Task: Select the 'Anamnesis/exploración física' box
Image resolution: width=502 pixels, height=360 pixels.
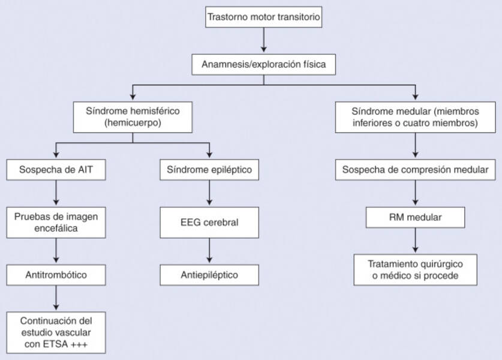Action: coord(264,64)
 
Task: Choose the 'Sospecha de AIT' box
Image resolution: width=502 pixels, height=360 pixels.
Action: coord(56,170)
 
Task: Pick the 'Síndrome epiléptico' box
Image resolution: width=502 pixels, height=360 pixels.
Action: coord(209,170)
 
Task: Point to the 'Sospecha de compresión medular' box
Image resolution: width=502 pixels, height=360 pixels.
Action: coord(415,170)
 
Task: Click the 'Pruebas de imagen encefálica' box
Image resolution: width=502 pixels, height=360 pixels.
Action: coord(56,222)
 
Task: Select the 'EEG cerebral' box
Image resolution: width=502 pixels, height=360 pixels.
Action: coord(209,223)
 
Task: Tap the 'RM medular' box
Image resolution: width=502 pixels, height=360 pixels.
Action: coord(415,217)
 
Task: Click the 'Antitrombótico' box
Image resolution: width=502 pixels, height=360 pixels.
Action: coord(56,275)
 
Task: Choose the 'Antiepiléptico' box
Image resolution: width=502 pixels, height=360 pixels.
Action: coord(209,275)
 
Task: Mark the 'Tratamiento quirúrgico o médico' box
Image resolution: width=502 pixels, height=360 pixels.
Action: coord(415,269)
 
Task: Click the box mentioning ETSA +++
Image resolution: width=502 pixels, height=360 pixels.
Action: coord(56,332)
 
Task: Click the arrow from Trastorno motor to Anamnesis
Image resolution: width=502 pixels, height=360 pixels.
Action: coord(264,40)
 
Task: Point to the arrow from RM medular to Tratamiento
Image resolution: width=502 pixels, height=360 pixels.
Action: coord(415,241)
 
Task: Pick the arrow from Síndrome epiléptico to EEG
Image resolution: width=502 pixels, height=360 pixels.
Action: coord(209,193)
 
